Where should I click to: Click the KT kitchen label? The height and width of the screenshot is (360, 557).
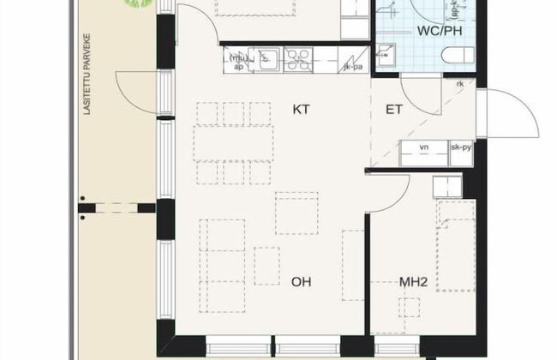click(x=300, y=109)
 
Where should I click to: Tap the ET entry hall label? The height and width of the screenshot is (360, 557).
click(x=395, y=110)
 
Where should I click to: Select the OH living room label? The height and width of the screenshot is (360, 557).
click(x=300, y=280)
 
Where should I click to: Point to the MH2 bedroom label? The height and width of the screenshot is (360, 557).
click(x=414, y=280)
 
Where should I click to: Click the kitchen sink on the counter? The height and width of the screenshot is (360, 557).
click(x=268, y=58)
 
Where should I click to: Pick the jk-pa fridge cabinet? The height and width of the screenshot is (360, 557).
click(x=352, y=61)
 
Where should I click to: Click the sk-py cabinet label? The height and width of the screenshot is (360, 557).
click(x=461, y=147)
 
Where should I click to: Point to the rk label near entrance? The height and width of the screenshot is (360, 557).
click(x=460, y=83)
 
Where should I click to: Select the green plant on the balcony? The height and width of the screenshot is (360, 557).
click(x=134, y=4)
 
